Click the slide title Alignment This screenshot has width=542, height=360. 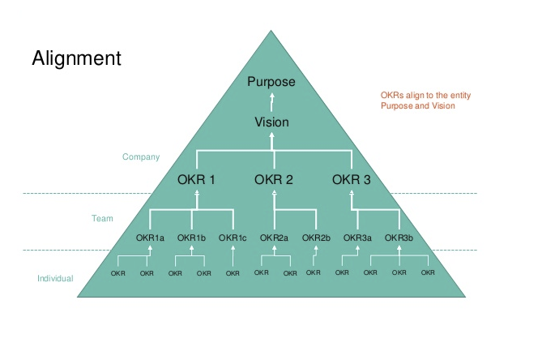click(x=76, y=58)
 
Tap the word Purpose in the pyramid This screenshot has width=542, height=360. click(x=271, y=82)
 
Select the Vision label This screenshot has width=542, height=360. click(x=271, y=122)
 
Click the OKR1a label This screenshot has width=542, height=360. click(x=151, y=238)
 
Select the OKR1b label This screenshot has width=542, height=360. click(x=192, y=238)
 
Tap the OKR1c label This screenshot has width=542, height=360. click(x=233, y=238)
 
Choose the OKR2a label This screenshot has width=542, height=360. click(x=275, y=238)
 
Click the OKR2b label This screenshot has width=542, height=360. click(x=317, y=238)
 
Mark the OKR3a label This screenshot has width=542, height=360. click(x=358, y=238)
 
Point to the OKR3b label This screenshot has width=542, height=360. click(x=399, y=238)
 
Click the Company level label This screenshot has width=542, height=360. click(x=141, y=156)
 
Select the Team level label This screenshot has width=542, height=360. click(x=101, y=218)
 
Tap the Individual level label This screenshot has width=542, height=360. click(x=55, y=279)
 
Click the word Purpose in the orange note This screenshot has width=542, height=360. click(x=398, y=105)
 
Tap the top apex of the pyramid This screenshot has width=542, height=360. click(x=271, y=32)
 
